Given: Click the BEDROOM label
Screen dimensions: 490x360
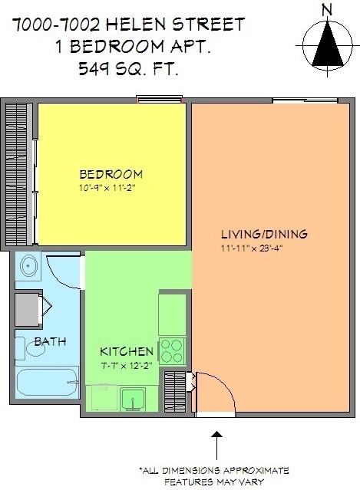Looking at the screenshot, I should point(111,173).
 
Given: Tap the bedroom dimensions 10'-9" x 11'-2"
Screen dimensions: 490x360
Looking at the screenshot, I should point(111,186).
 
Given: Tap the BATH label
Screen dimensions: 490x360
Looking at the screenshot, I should point(49,341).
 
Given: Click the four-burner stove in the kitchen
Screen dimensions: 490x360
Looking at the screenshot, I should point(171,351).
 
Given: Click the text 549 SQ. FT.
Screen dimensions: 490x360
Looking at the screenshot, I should point(127,70).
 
